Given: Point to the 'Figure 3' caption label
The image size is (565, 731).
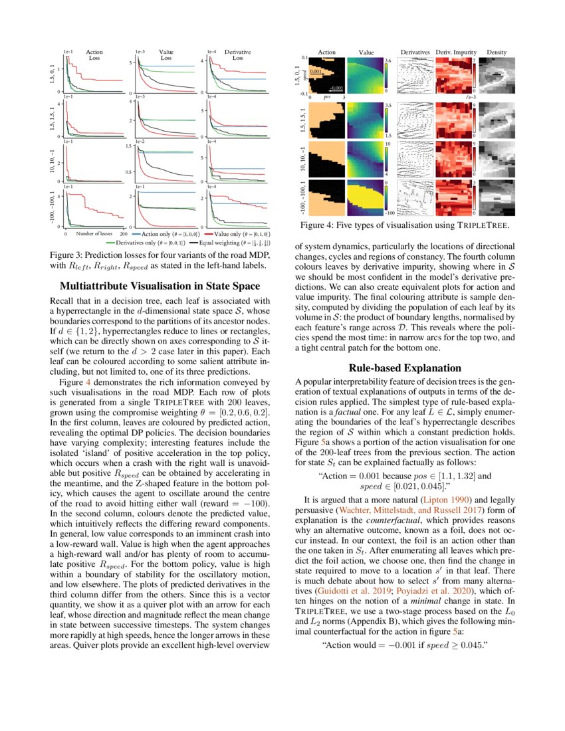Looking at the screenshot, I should coord(70,256).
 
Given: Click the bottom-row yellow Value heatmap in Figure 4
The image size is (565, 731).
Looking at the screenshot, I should coord(365,197).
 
